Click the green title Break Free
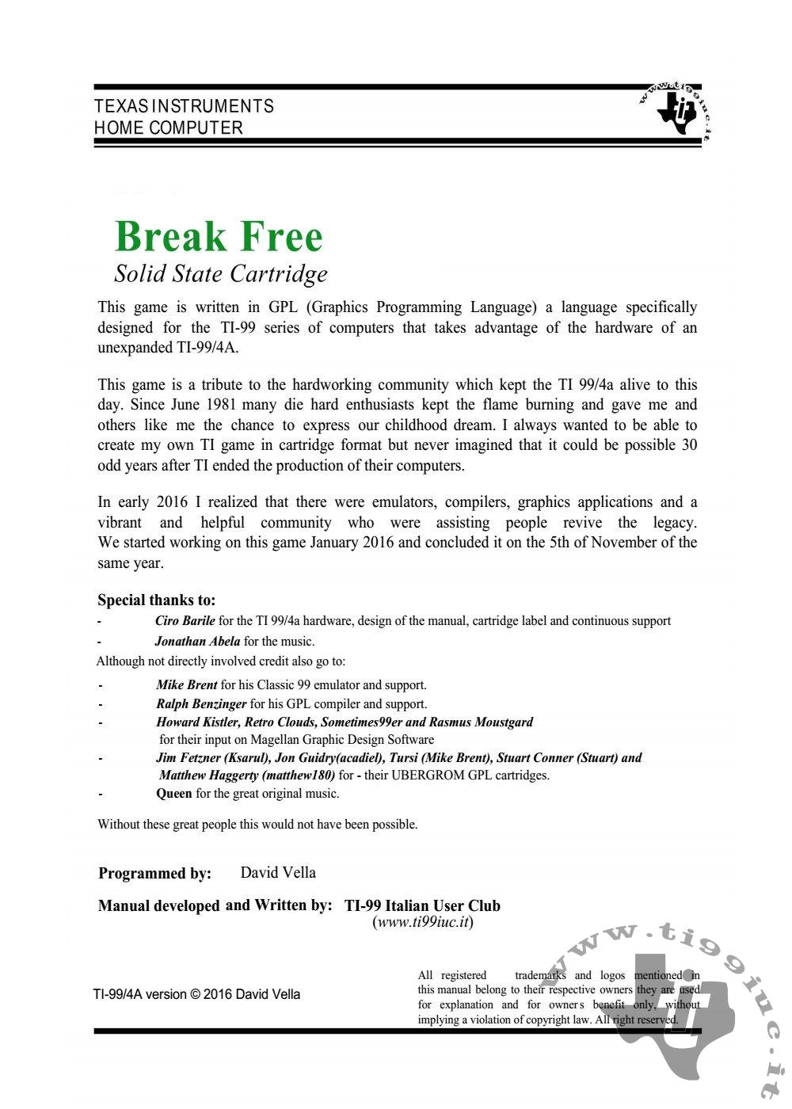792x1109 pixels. pos(219,236)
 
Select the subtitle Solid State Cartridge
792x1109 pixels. pos(220,274)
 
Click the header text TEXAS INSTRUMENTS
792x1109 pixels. pos(184,106)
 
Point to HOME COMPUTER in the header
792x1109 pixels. pos(168,128)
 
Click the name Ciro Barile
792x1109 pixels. pos(185,621)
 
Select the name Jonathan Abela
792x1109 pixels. pos(196,642)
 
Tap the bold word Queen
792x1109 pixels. pos(173,793)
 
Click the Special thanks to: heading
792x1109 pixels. pos(156,600)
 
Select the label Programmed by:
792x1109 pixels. pos(154,874)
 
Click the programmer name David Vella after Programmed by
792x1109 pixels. pos(278,873)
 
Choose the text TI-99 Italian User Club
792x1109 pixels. pos(422,905)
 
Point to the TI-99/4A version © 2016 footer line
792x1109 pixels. pos(196,994)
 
